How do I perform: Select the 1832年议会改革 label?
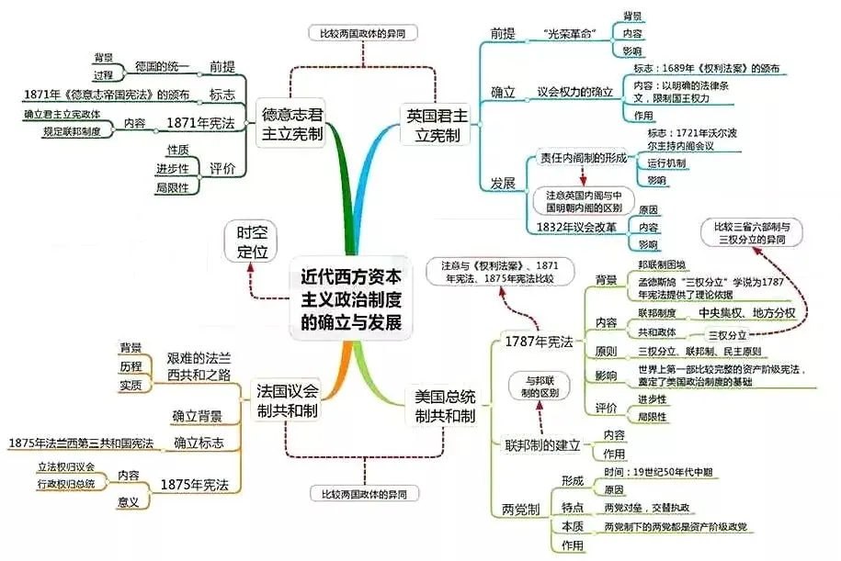pos(576,227)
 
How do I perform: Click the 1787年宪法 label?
pos(539,342)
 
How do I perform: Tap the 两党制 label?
pos(520,508)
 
